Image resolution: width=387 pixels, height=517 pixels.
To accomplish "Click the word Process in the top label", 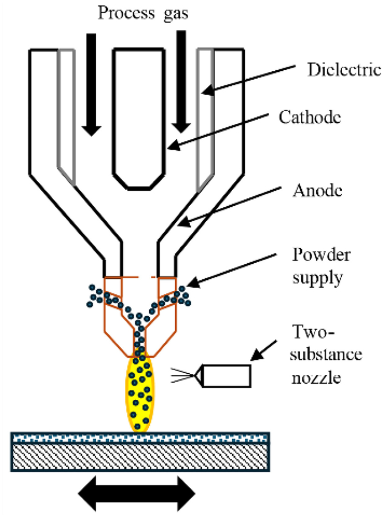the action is click(126, 14).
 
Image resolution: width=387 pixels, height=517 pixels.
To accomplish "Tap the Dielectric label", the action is click(344, 70).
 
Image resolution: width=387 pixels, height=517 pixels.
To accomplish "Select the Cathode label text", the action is click(310, 117).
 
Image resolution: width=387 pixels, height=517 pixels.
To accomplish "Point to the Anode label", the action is click(318, 190).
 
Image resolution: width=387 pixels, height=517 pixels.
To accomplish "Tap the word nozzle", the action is click(316, 378).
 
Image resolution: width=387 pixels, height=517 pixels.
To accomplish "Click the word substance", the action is click(326, 354).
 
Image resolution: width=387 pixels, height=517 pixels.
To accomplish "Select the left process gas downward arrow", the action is click(91, 85).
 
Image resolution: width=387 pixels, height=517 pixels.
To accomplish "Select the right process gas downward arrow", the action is click(181, 81).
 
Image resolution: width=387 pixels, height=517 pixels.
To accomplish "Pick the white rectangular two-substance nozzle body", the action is click(226, 376).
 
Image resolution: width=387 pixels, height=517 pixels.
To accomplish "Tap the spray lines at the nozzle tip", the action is click(182, 375).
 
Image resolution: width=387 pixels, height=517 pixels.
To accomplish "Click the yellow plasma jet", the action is click(140, 393).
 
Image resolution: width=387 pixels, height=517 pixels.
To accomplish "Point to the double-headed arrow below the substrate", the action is click(137, 494).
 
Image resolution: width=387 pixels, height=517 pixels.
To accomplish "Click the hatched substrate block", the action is click(140, 457).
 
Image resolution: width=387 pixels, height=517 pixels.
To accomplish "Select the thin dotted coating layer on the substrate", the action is click(140, 438).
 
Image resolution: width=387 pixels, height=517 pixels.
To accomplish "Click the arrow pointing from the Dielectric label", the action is click(248, 79).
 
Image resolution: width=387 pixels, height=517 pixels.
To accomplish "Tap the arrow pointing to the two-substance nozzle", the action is click(264, 350).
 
